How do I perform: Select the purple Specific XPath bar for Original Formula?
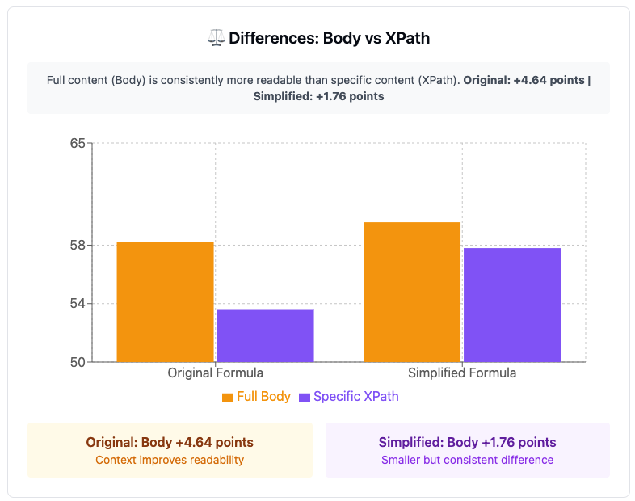265,335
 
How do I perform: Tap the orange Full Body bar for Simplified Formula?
412,292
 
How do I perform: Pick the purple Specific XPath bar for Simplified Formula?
511,305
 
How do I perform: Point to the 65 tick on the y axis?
78,144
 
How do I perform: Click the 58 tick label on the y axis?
78,245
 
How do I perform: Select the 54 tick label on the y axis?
78,303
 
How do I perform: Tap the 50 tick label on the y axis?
78,362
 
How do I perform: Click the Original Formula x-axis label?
215,373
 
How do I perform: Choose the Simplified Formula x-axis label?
462,373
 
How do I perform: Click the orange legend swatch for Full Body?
228,397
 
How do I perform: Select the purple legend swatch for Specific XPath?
305,397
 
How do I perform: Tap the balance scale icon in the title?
216,37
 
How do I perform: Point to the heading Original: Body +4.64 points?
170,443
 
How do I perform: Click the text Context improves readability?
170,460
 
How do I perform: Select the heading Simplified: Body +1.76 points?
468,443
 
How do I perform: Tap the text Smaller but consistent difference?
468,460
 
